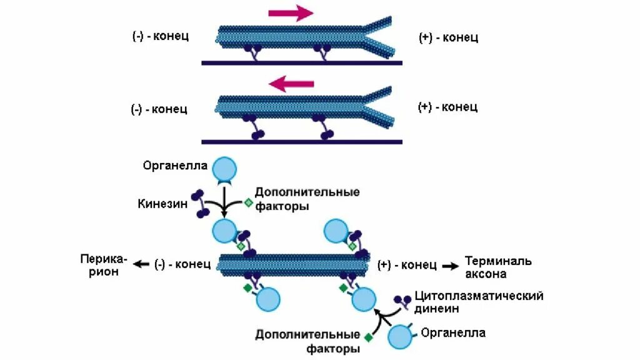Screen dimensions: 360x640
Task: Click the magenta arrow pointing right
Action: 291,12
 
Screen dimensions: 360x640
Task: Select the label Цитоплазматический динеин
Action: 479,301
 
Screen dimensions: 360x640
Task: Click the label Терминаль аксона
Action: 497,267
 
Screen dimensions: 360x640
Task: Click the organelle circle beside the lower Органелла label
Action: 400,337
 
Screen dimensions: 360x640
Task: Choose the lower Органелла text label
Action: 453,332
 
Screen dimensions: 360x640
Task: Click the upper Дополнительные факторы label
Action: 307,198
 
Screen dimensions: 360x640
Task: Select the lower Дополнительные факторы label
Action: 307,342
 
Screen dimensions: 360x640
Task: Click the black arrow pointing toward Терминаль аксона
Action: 450,265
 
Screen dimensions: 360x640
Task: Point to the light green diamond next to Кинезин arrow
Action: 247,202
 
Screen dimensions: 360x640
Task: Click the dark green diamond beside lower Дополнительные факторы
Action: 368,337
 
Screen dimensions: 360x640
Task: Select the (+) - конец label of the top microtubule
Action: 448,37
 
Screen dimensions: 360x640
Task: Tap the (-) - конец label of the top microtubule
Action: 160,36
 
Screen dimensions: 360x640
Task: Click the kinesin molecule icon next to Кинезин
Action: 201,204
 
